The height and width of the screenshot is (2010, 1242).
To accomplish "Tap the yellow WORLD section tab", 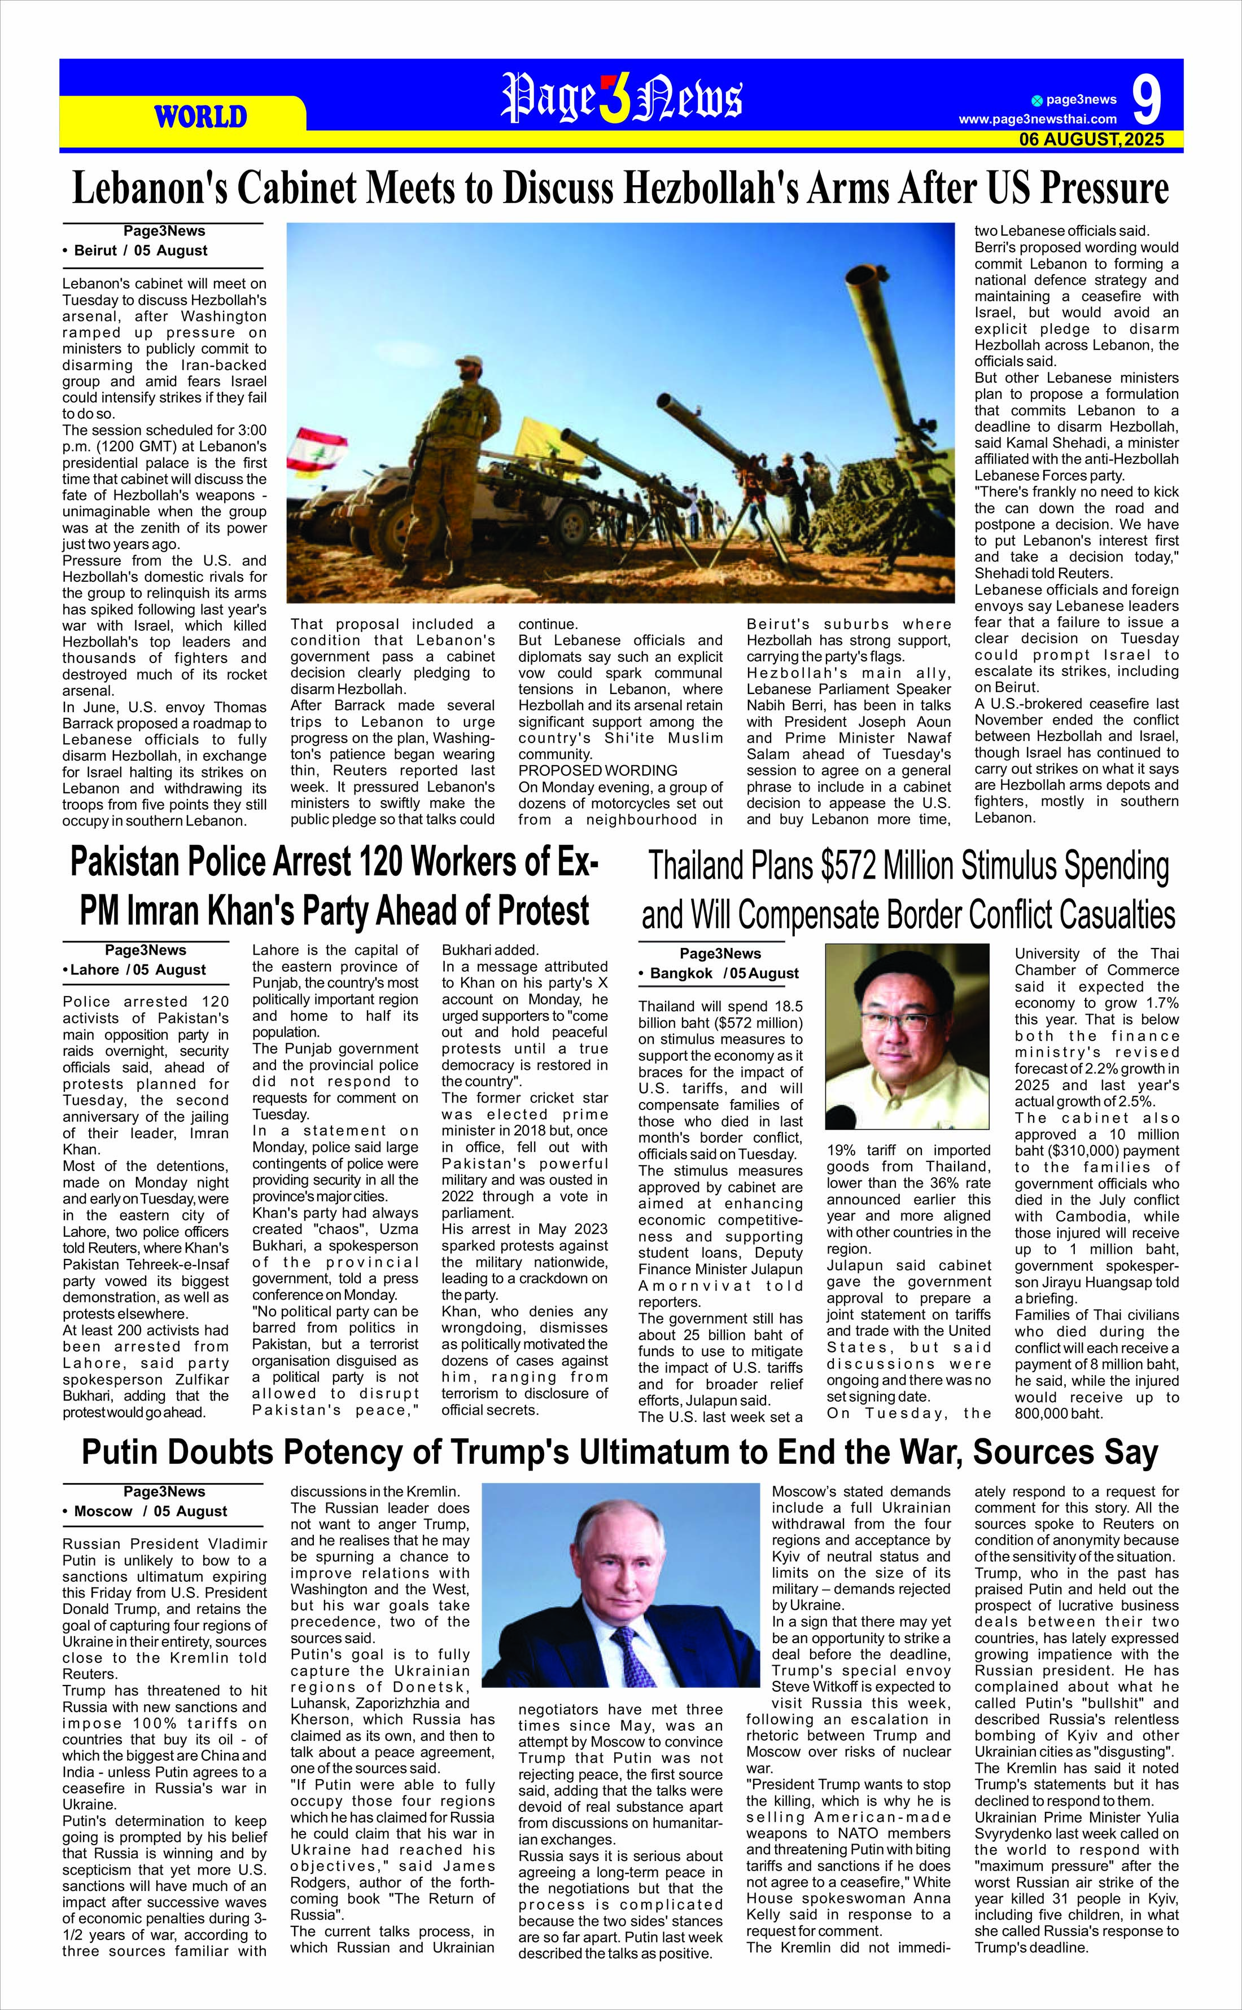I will (200, 117).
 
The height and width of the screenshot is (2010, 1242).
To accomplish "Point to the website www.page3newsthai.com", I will (1038, 120).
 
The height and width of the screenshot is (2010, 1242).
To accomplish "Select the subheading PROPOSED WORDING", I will (597, 770).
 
